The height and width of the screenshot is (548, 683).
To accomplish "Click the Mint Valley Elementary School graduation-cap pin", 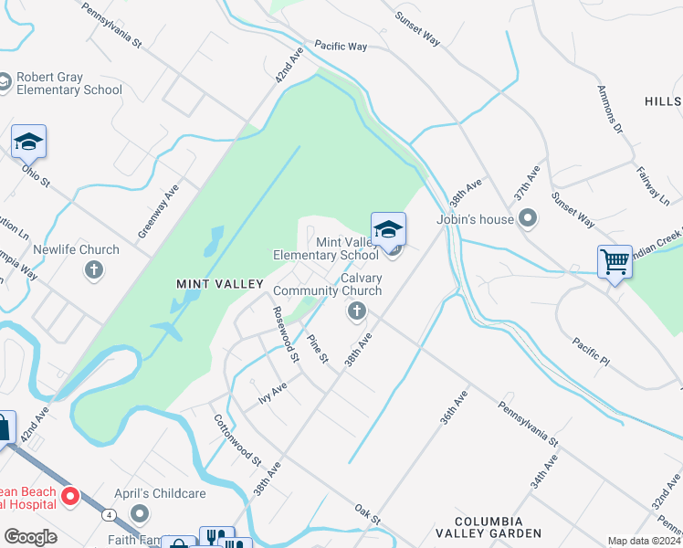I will click(388, 229).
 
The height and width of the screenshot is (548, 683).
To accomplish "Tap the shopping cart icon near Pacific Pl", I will click(615, 262).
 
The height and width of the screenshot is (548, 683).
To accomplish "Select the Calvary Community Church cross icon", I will click(356, 312).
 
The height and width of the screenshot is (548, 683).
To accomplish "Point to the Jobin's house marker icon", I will click(527, 218).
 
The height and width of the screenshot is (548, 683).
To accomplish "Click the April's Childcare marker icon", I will click(139, 511).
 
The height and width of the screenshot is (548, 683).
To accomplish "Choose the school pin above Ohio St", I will click(28, 142).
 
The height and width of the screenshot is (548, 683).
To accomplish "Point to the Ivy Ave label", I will click(272, 394).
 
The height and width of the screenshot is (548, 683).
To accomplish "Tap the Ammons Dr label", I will click(609, 110).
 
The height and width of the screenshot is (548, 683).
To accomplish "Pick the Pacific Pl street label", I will click(591, 351).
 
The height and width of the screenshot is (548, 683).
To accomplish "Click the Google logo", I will click(30, 537).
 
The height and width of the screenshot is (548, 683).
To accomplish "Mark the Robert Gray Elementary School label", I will click(68, 83).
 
